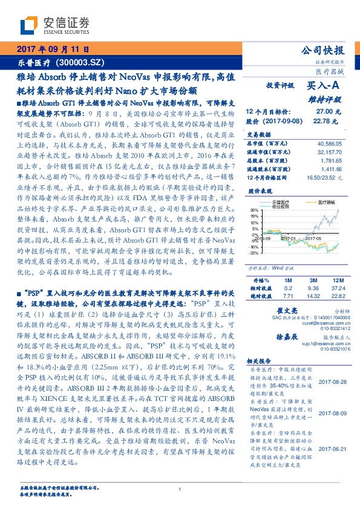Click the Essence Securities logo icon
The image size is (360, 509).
(x=27, y=25)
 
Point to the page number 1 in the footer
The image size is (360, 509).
(x=180, y=489)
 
